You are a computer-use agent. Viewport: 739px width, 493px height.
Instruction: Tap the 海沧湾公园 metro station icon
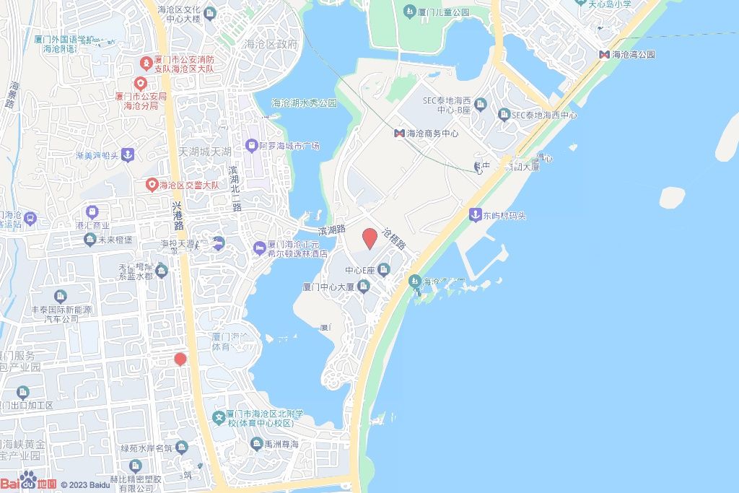[x=603, y=54]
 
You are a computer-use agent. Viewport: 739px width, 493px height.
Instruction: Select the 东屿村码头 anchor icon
[x=475, y=214]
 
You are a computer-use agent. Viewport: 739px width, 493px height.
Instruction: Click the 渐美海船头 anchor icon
[x=127, y=154]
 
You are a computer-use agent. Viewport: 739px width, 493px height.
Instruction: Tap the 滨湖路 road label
[x=332, y=230]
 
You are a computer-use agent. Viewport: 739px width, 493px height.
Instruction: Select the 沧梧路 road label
[x=395, y=238]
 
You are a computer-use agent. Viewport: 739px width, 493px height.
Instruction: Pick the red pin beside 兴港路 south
[x=180, y=359]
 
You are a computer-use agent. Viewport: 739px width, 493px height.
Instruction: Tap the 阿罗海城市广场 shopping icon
[x=250, y=146]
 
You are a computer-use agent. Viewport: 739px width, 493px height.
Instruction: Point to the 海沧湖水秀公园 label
[x=304, y=103]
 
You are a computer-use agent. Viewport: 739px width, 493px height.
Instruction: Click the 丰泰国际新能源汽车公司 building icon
[x=60, y=296]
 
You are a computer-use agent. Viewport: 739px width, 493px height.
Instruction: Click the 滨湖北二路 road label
[x=234, y=187]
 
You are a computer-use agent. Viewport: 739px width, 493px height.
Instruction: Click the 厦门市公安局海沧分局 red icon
[x=140, y=82]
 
